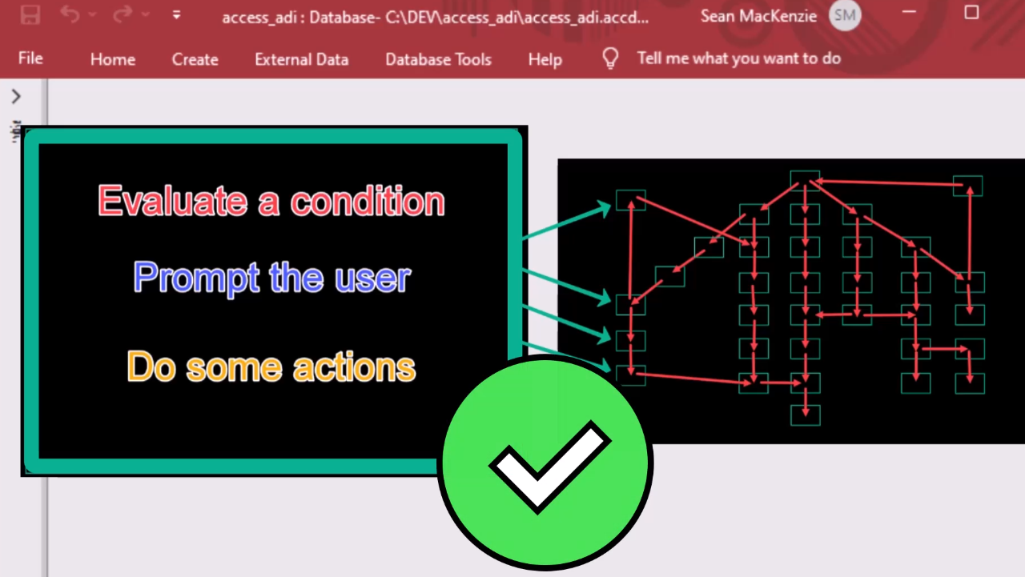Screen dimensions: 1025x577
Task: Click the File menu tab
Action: [30, 58]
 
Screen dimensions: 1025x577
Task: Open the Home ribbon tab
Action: [113, 59]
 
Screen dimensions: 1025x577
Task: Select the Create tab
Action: [195, 59]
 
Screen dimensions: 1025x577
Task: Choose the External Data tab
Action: [302, 59]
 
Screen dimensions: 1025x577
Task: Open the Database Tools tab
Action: [438, 59]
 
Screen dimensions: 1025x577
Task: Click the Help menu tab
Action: [545, 60]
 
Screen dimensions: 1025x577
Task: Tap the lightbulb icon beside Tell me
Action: [610, 58]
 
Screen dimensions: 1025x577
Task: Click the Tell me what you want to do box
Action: [739, 58]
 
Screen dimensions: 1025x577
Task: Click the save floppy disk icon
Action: [30, 15]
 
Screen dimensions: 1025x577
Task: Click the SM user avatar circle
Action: [845, 15]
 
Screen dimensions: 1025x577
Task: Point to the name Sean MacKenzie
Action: [758, 17]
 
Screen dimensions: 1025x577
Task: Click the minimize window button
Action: [909, 12]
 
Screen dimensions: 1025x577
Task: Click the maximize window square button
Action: [971, 12]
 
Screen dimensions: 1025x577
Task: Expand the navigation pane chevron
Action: [16, 96]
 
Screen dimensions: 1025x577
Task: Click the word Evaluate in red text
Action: [173, 201]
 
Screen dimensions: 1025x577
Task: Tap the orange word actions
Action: [354, 367]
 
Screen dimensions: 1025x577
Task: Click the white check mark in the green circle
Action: [550, 467]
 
